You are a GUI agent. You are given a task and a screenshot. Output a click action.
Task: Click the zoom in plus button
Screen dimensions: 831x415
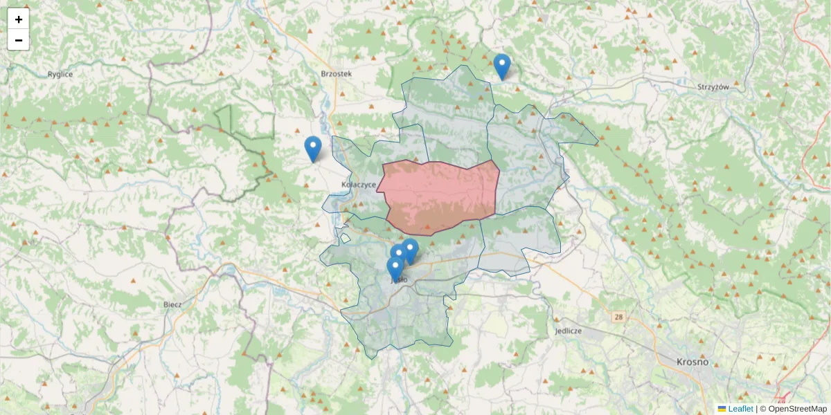pyautogui.click(x=19, y=19)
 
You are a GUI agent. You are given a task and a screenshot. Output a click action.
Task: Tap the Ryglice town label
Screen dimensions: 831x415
pyautogui.click(x=60, y=74)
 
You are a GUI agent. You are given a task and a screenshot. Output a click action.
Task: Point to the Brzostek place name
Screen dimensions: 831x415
pyautogui.click(x=337, y=73)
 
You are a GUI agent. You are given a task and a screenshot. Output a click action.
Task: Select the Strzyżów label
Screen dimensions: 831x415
pyautogui.click(x=714, y=87)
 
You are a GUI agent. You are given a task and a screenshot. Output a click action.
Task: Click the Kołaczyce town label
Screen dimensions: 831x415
pyautogui.click(x=359, y=185)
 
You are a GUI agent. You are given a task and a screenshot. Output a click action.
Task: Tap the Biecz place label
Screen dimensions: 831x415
pyautogui.click(x=172, y=304)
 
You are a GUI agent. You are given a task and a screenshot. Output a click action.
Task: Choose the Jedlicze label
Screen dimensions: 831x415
pyautogui.click(x=568, y=331)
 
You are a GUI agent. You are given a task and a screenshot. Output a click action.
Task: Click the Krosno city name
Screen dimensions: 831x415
pyautogui.click(x=692, y=362)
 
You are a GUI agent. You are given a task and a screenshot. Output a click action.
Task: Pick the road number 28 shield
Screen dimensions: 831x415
pyautogui.click(x=618, y=316)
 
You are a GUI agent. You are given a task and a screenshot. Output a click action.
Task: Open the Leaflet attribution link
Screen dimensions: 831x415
pyautogui.click(x=740, y=409)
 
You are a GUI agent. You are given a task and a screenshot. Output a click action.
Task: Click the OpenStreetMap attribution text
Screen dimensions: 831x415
pyautogui.click(x=793, y=409)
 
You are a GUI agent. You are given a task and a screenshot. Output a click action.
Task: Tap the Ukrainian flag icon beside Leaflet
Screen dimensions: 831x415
pyautogui.click(x=722, y=409)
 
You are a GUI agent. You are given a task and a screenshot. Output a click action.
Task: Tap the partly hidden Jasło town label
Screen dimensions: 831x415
pyautogui.click(x=400, y=280)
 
